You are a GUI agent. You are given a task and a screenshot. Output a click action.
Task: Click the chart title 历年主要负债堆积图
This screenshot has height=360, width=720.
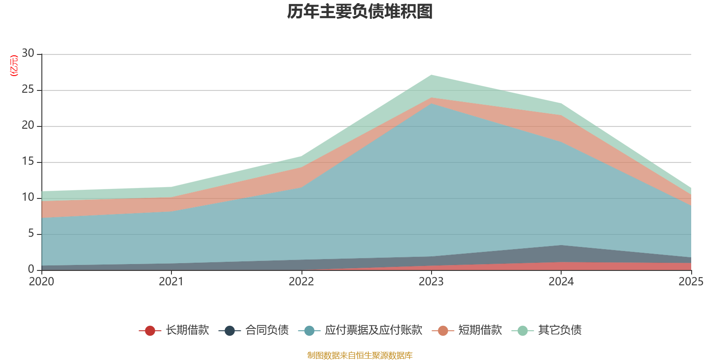click(x=360, y=12)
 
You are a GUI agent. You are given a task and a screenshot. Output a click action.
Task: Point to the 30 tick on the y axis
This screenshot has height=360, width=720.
click(x=28, y=54)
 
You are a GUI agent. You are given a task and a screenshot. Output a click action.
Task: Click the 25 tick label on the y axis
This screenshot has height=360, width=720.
click(x=28, y=90)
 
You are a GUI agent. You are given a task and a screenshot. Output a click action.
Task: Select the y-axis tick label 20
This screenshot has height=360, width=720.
click(x=28, y=126)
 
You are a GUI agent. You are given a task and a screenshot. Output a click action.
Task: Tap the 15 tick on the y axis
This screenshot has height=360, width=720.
click(x=28, y=162)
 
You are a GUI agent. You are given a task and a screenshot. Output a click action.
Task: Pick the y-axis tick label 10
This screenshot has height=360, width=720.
click(x=28, y=198)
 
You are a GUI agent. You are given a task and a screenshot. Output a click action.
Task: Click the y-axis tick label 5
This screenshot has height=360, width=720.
click(x=31, y=234)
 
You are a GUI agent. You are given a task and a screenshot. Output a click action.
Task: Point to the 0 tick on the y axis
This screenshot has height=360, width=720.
click(x=31, y=270)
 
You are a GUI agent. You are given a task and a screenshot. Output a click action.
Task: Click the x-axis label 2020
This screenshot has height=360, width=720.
click(x=41, y=282)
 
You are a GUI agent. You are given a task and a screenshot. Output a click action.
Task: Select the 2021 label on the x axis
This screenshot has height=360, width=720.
click(x=171, y=282)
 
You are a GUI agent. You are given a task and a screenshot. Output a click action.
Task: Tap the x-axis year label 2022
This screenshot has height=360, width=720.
click(x=301, y=282)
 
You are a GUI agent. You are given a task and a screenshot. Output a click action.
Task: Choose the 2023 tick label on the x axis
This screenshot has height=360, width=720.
click(x=431, y=282)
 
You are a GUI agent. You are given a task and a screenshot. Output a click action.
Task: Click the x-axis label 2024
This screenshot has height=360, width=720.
click(x=561, y=282)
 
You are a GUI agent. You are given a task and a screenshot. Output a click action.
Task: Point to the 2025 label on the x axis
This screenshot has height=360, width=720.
click(x=691, y=282)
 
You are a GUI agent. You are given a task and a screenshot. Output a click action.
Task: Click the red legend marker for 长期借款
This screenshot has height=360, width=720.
click(x=150, y=331)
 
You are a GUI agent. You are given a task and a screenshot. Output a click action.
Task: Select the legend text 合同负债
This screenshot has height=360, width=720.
click(x=267, y=330)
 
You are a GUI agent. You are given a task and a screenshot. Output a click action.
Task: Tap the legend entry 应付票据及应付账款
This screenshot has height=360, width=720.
click(x=373, y=330)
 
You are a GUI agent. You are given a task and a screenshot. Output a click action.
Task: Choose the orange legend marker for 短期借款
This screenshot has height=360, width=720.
click(x=443, y=331)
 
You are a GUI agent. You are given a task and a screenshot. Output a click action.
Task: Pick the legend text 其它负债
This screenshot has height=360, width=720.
click(x=560, y=330)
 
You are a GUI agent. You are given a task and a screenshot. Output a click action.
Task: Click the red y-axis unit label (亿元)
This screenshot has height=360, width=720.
click(x=14, y=66)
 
